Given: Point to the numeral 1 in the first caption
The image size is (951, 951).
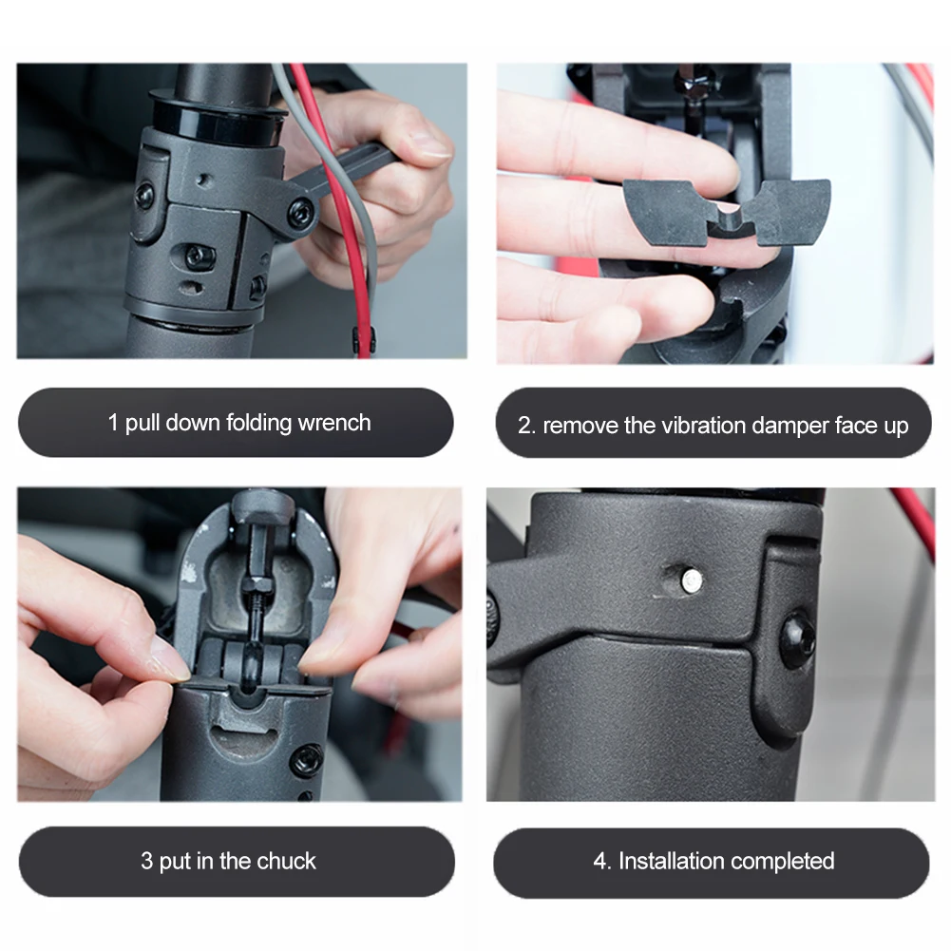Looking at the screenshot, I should pos(113,423).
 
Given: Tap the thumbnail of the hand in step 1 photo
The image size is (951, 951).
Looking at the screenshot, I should pos(430,144).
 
